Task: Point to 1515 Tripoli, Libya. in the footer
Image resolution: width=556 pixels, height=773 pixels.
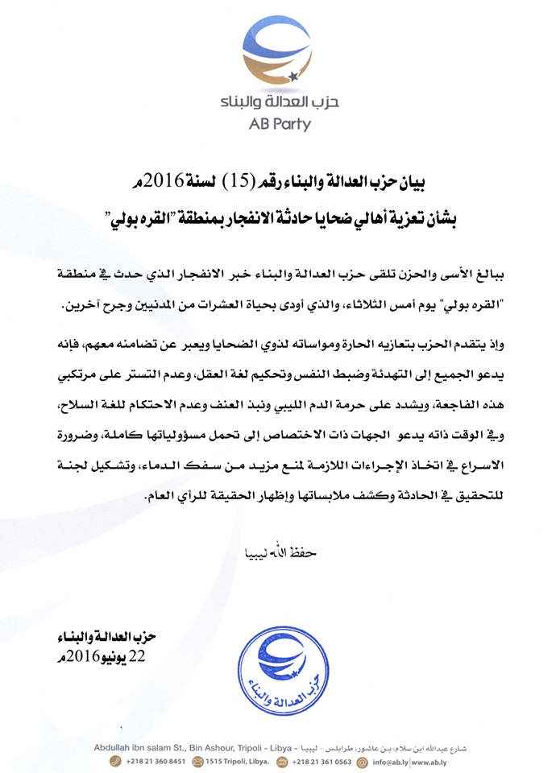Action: (x=237, y=760)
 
